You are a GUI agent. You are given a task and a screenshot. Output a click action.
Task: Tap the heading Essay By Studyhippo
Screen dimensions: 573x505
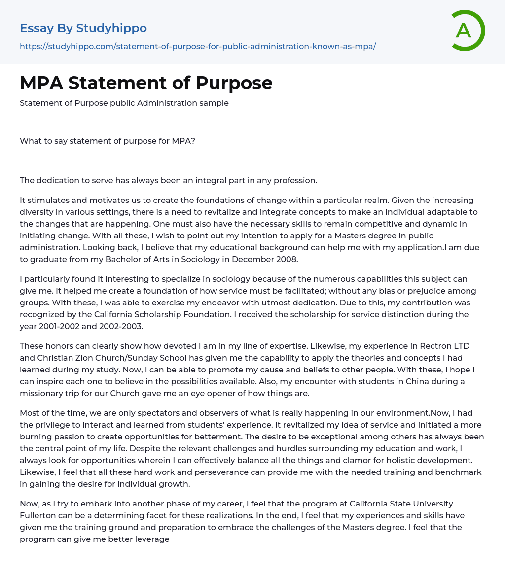(x=83, y=28)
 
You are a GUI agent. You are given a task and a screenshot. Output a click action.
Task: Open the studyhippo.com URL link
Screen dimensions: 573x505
(x=198, y=46)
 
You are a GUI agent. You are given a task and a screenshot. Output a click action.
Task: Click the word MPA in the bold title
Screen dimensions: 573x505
(x=41, y=83)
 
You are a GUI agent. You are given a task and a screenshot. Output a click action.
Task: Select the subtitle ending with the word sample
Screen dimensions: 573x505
(x=124, y=103)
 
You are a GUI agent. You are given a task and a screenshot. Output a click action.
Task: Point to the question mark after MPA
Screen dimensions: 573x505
(x=193, y=141)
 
